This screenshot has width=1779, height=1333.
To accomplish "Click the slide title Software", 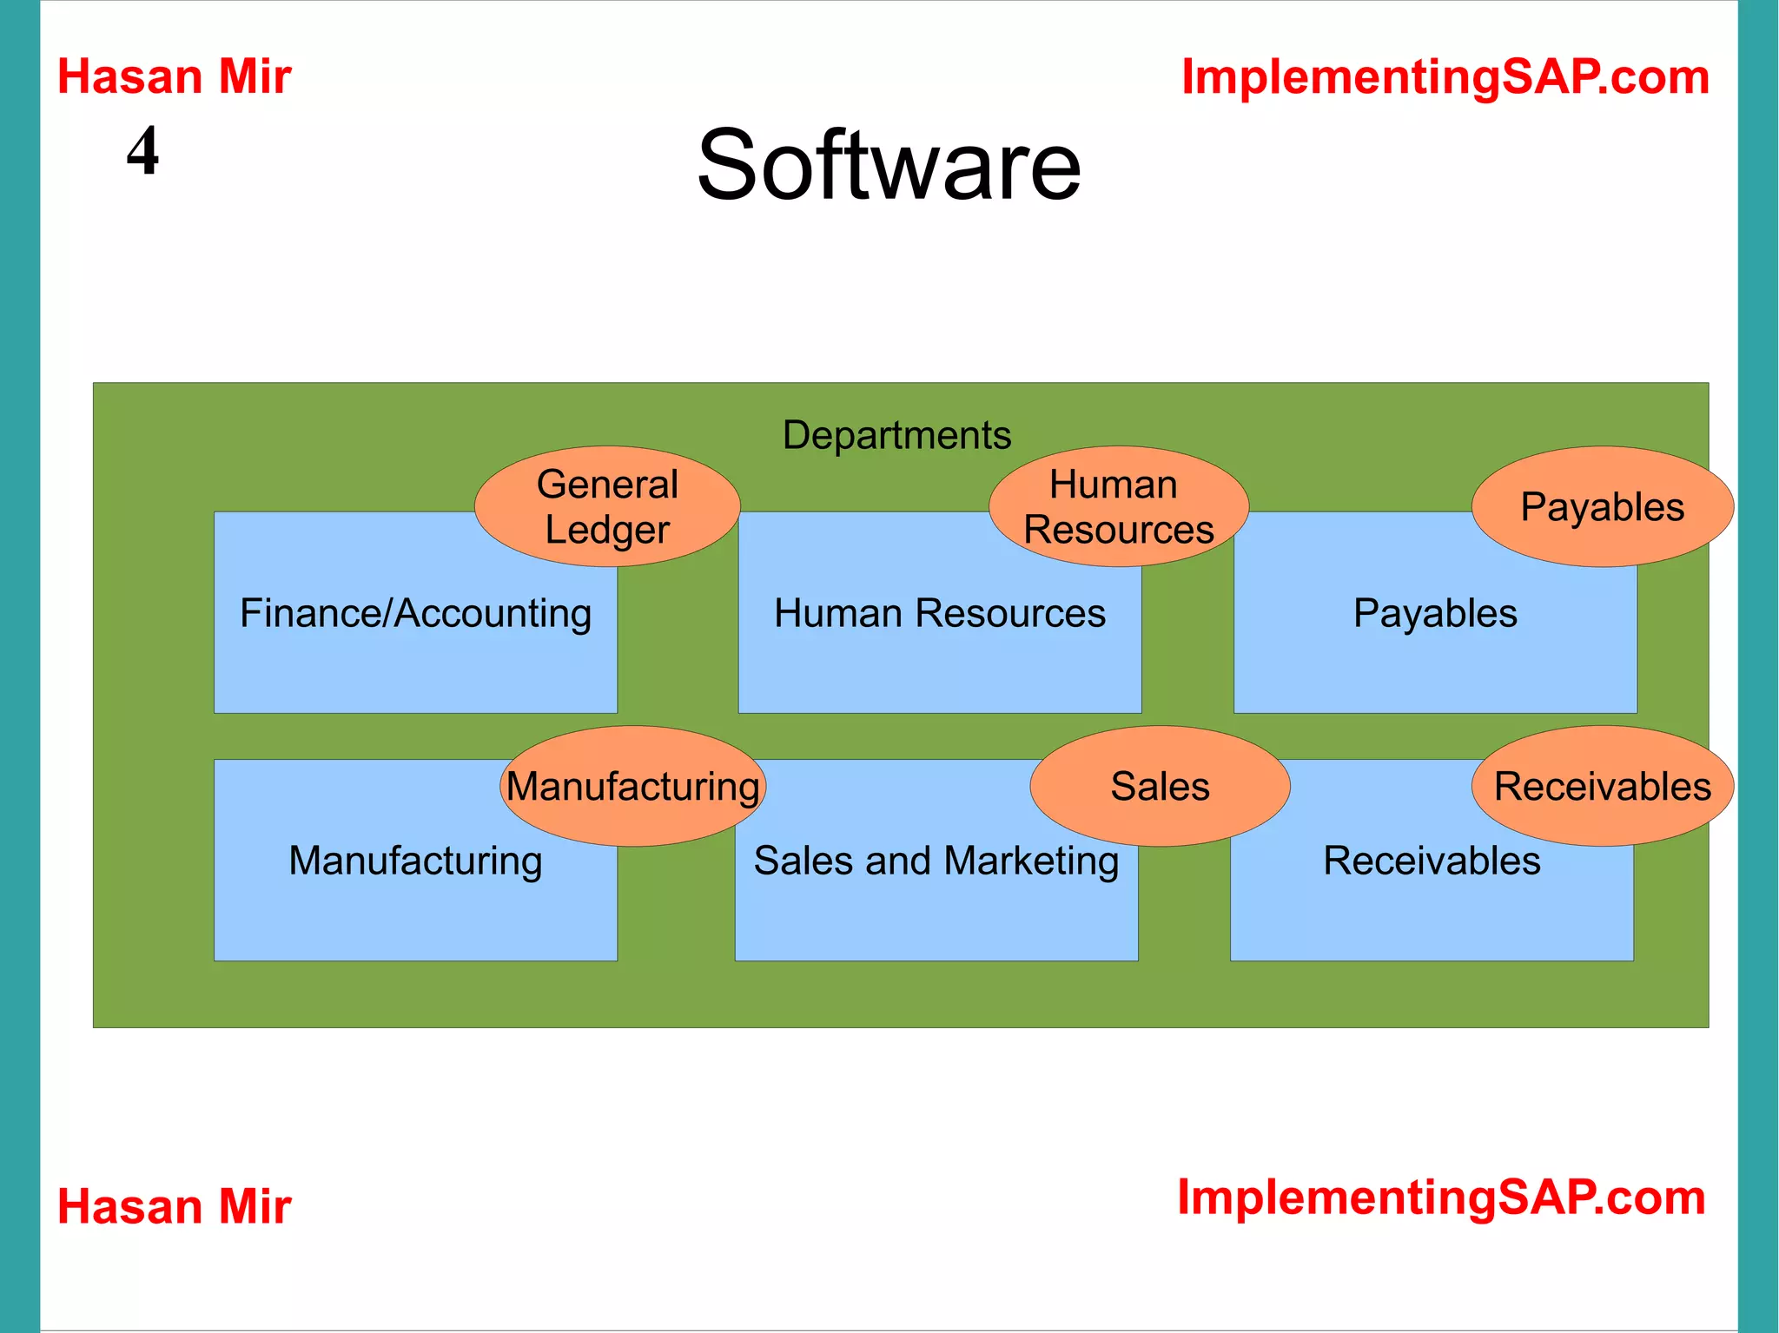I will click(889, 165).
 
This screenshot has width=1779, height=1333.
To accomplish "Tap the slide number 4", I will click(142, 151).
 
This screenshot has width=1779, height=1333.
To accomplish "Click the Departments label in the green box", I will click(896, 435).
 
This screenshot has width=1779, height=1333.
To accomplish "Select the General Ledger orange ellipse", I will click(607, 507).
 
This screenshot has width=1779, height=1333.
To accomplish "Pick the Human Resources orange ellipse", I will click(1118, 507).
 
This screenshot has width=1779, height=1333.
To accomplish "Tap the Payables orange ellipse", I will click(1602, 507).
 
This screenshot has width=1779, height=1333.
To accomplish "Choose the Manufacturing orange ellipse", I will click(632, 787).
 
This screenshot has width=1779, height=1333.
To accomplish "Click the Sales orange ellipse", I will click(1160, 787).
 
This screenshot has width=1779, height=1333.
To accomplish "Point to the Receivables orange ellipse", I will click(1602, 787).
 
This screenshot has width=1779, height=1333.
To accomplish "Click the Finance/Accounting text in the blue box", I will click(415, 614).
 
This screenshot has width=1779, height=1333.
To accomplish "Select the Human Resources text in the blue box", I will click(939, 614).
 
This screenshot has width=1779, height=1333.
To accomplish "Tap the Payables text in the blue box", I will click(1435, 614).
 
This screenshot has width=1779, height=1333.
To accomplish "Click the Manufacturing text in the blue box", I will click(415, 861).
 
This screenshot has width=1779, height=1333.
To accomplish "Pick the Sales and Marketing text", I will click(936, 861).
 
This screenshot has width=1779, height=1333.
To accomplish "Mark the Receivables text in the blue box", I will click(1432, 861).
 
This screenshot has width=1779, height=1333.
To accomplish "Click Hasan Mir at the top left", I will click(174, 77).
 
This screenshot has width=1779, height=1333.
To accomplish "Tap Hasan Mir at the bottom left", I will click(174, 1207).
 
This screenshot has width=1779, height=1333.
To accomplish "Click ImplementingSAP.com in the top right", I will click(1445, 77).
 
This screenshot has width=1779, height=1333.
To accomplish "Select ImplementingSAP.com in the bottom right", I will click(1441, 1198).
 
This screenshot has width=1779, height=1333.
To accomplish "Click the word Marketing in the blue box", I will click(1031, 861).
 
